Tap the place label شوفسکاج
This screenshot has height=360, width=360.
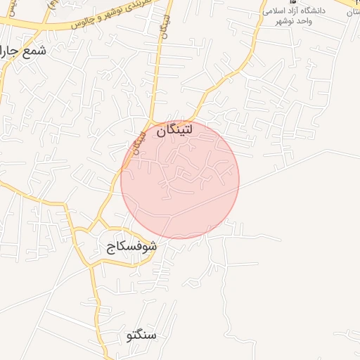[x=131, y=247]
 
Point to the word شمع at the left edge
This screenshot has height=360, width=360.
[x=34, y=51]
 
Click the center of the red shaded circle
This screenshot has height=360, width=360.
[x=180, y=179]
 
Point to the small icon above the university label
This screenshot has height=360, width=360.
[x=293, y=2]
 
